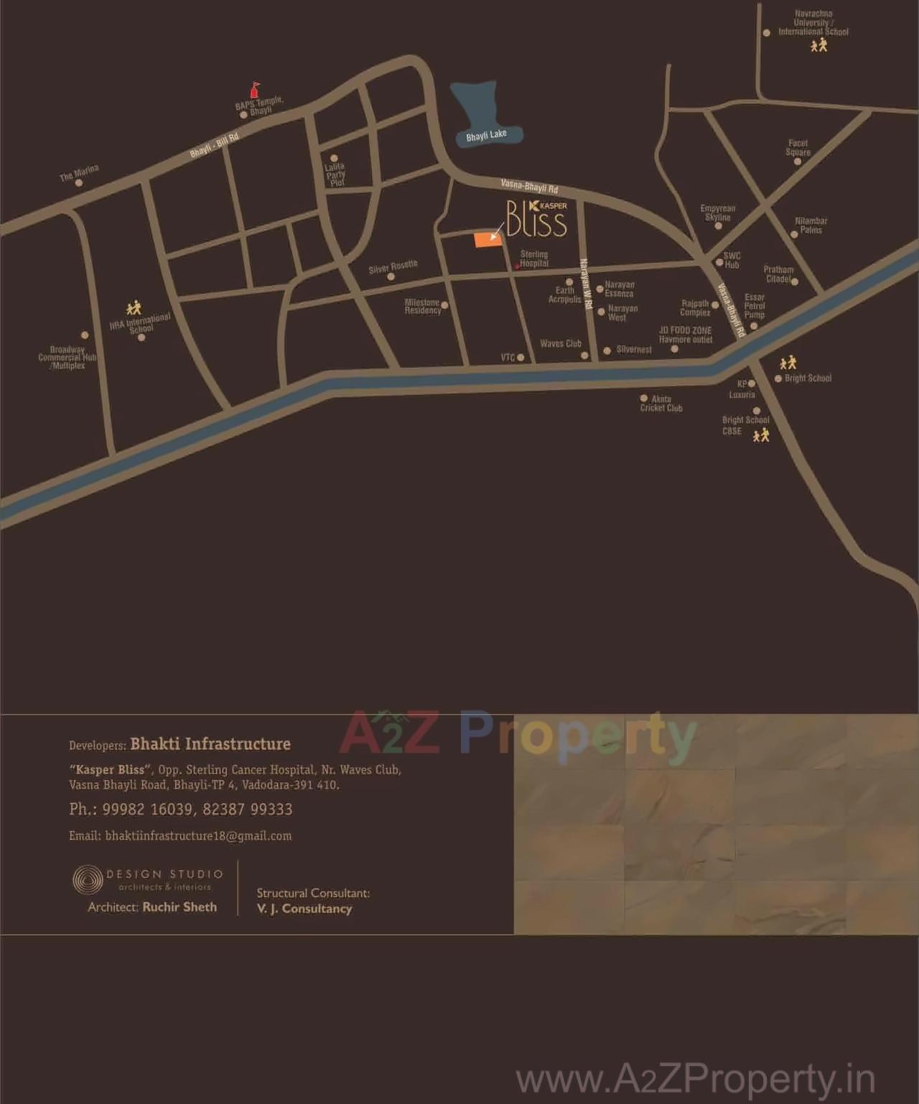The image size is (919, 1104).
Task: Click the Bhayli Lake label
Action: pyautogui.click(x=486, y=135)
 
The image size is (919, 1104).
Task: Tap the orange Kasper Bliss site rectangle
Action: pyautogui.click(x=488, y=240)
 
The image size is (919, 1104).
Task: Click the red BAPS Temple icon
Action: pyautogui.click(x=253, y=90)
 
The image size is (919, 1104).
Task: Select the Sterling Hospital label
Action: pyautogui.click(x=534, y=259)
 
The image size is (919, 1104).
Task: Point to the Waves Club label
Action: pyautogui.click(x=561, y=344)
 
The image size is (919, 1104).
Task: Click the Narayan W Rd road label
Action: pyautogui.click(x=585, y=284)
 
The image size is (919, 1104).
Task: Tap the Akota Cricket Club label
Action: pyautogui.click(x=661, y=404)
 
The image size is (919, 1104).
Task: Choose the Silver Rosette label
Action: pyautogui.click(x=393, y=267)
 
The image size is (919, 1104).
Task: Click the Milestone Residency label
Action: pyautogui.click(x=422, y=307)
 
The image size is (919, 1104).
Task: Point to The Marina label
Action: pyautogui.click(x=79, y=172)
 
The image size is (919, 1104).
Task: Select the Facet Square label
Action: pyautogui.click(x=798, y=148)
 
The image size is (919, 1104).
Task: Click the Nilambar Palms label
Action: pyautogui.click(x=811, y=226)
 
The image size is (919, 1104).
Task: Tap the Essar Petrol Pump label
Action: pyautogui.click(x=755, y=306)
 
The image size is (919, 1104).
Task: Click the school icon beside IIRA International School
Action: pyautogui.click(x=134, y=308)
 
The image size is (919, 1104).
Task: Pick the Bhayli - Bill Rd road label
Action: pyautogui.click(x=214, y=146)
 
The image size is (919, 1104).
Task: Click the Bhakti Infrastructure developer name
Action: pyautogui.click(x=210, y=744)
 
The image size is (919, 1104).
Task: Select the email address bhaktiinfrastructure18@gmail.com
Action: pyautogui.click(x=198, y=836)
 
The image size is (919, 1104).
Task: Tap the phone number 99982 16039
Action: pyautogui.click(x=147, y=810)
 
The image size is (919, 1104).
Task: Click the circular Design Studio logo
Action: pyautogui.click(x=88, y=880)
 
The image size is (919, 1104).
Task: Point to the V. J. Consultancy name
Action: pyautogui.click(x=304, y=909)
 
